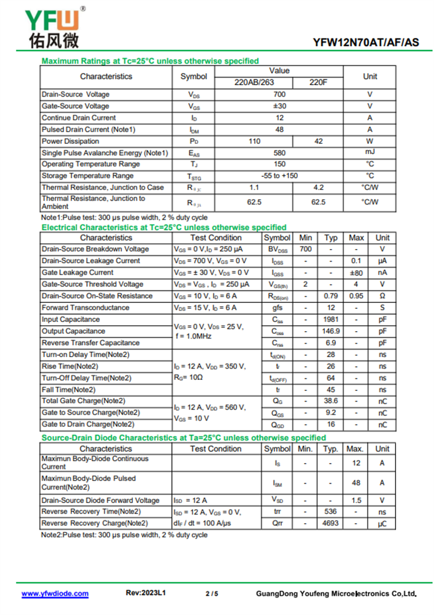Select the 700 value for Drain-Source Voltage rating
pos(279,94)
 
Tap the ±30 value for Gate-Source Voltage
pos(279,106)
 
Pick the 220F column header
pos(318,83)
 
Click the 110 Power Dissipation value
pos(254,141)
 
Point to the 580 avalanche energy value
pos(279,153)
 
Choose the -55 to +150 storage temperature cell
pos(279,176)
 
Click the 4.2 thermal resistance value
pos(318,188)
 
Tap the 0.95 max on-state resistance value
pos(356,296)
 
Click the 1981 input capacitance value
pos(330,320)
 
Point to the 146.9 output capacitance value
pos(330,331)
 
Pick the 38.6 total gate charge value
pos(330,401)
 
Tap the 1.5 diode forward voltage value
pos(356,500)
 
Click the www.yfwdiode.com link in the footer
pos(55,594)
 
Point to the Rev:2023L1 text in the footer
pos(146,593)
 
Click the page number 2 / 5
pos(212,594)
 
